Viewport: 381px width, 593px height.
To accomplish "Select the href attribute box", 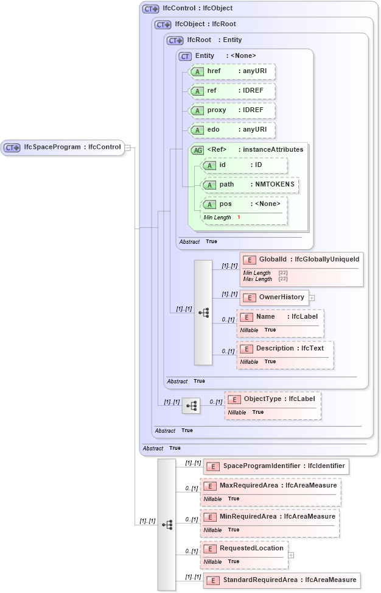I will tap(232, 71).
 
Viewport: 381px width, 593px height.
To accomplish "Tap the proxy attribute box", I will tap(232, 110).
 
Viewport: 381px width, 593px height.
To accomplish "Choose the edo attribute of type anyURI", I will tap(232, 130).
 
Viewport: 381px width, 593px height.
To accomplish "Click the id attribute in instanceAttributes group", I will tap(244, 165).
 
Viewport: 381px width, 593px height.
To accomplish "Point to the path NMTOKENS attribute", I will tap(250, 185).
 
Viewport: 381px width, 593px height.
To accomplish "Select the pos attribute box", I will tap(244, 204).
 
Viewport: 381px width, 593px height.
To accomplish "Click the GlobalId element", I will tap(301, 260).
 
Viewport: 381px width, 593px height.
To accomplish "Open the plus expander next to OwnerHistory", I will tap(312, 298).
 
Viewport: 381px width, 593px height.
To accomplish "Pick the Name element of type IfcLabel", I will tap(280, 317).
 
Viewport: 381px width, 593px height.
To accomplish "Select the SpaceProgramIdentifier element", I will tap(276, 466).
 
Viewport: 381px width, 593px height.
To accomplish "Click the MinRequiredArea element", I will tap(270, 517).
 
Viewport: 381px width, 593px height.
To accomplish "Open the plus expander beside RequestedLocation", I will tap(291, 555).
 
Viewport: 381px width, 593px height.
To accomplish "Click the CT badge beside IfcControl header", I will tap(150, 9).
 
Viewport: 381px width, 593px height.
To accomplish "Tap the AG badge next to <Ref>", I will tap(197, 150).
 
